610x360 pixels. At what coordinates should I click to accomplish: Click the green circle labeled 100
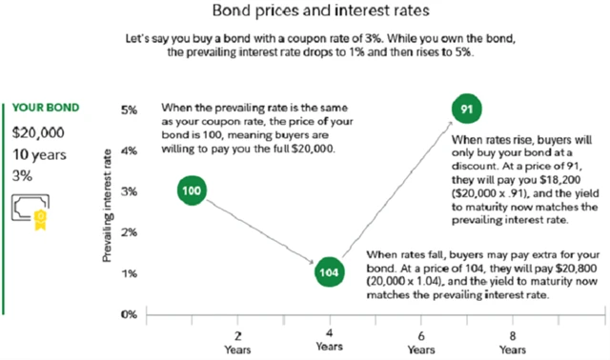(192, 191)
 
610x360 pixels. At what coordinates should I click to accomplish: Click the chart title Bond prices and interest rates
(305, 14)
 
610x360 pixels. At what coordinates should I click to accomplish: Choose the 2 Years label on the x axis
(237, 342)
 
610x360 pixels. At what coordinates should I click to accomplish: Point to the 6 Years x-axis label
(421, 342)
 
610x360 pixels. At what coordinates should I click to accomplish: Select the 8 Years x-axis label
(513, 342)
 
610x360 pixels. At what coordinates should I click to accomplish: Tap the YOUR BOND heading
(45, 108)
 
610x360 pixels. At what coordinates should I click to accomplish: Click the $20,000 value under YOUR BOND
(36, 130)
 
